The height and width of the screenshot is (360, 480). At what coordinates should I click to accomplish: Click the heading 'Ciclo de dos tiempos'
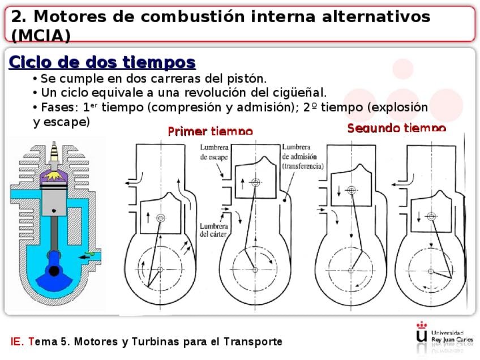point(102,62)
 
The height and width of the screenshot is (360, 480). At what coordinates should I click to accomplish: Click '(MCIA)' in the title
point(41,36)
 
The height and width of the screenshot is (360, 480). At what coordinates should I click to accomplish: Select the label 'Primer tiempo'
point(210,131)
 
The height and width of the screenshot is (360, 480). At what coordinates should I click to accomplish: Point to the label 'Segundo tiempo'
point(396,128)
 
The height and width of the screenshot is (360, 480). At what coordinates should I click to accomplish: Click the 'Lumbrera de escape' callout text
point(214,152)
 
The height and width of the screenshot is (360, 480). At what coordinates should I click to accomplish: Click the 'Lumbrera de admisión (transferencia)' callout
point(302,156)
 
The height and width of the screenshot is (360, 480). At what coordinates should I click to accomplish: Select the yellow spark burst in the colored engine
point(54,176)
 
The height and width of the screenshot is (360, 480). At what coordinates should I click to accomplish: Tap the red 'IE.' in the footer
point(17,342)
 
